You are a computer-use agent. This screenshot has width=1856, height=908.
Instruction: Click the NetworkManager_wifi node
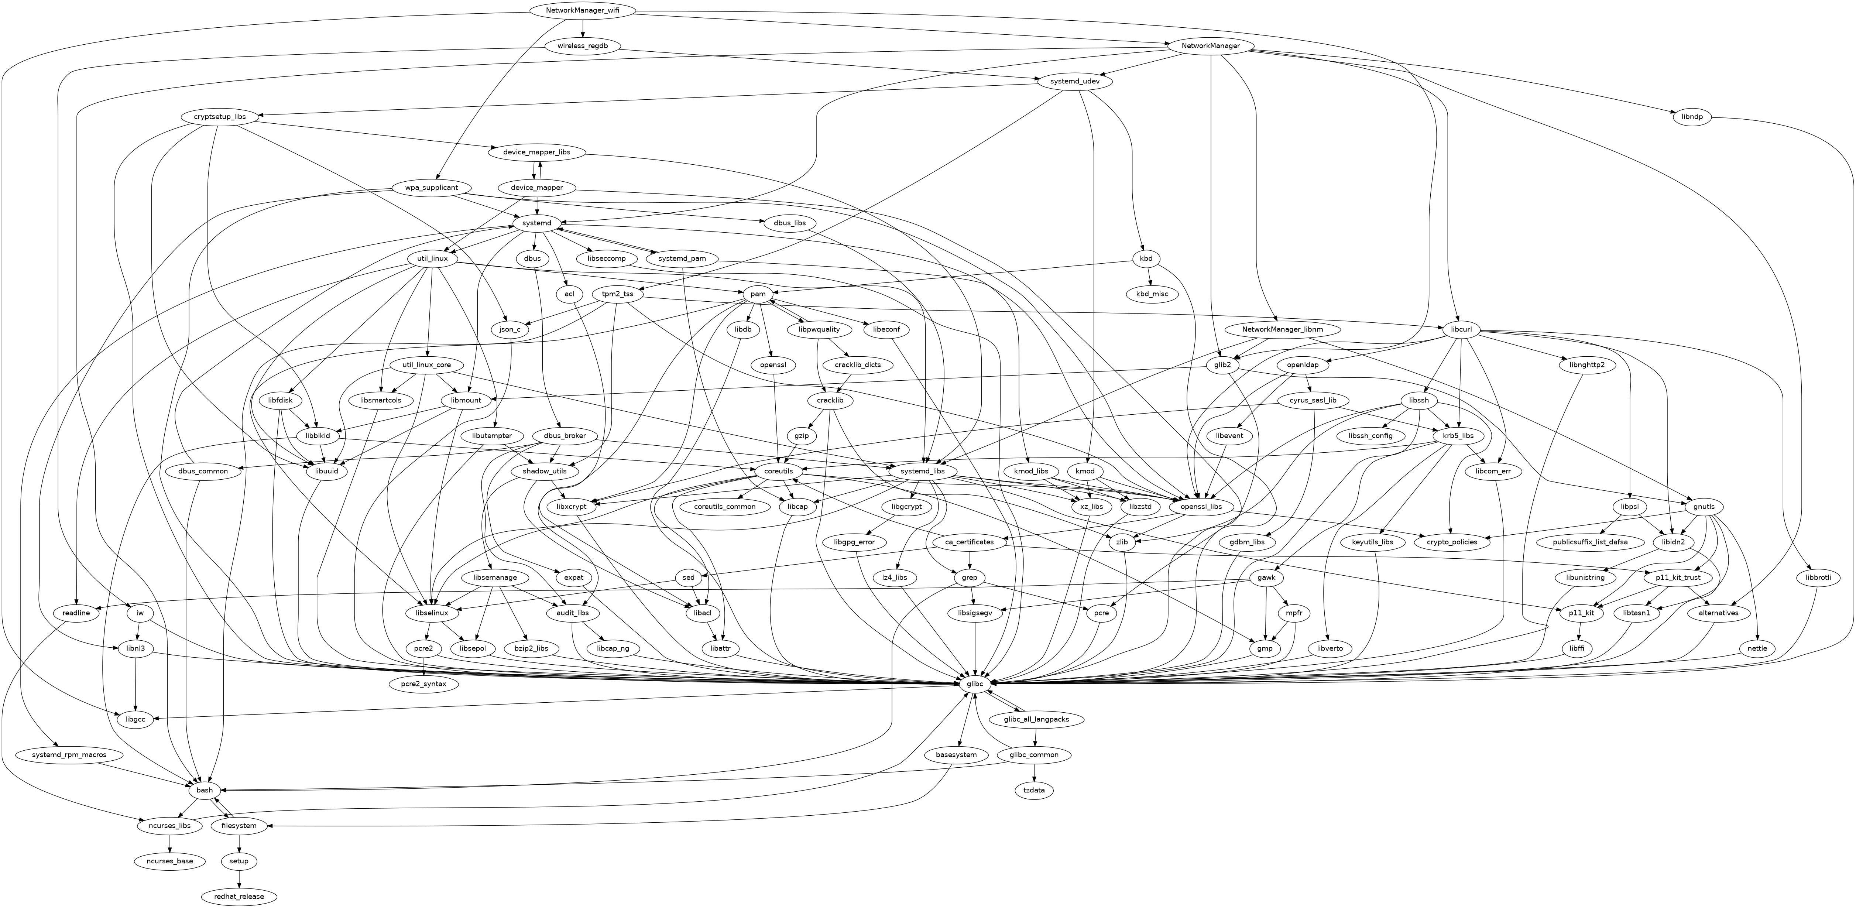pos(582,11)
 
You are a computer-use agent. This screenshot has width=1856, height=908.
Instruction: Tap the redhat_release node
pos(239,897)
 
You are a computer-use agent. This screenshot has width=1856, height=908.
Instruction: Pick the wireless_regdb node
pos(582,46)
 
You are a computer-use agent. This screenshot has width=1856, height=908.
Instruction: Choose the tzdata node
pos(1034,791)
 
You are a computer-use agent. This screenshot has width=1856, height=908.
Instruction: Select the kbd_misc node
pos(1152,294)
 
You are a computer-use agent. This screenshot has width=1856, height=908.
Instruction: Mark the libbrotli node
pos(1818,577)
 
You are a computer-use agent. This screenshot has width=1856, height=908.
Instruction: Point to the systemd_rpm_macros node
pos(69,754)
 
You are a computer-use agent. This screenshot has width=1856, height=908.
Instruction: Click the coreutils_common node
pos(725,507)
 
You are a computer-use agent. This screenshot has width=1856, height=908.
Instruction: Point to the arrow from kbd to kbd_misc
pos(1149,277)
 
